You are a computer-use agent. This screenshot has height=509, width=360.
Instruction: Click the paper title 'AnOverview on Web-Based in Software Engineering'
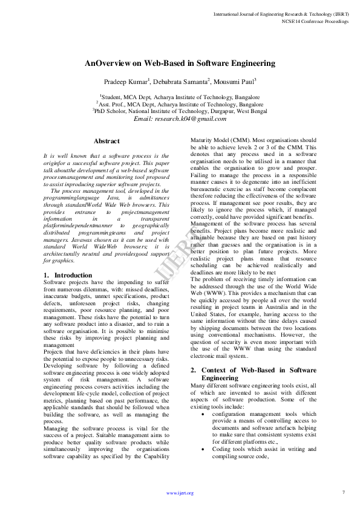tap(180, 63)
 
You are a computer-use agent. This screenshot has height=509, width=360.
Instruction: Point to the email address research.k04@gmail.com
tap(180, 119)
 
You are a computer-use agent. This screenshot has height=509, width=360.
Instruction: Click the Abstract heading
tap(106, 141)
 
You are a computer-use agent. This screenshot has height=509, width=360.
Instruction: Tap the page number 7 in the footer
tap(343, 492)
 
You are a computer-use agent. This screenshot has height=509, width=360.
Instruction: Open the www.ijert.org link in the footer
tap(180, 493)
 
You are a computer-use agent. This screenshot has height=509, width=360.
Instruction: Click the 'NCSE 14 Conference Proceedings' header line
tap(315, 21)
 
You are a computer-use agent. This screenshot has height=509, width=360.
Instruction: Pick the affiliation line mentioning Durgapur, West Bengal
tap(180, 111)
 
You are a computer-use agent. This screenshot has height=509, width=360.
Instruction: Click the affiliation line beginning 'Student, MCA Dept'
tap(180, 96)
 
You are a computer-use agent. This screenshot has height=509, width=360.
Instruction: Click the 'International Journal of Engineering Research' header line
tap(280, 13)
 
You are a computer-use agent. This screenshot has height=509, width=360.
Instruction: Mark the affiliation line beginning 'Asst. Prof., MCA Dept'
tap(180, 104)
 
